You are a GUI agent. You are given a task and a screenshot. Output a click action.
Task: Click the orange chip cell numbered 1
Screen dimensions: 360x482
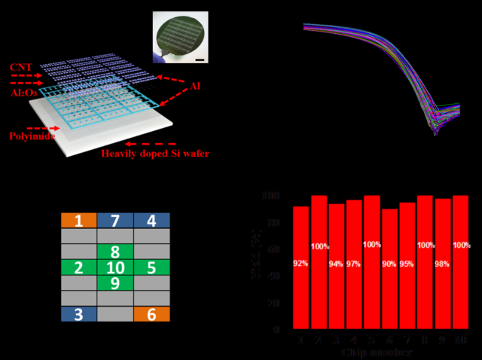[x=79, y=221]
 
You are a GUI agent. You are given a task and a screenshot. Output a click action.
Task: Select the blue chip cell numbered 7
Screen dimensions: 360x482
[x=115, y=221]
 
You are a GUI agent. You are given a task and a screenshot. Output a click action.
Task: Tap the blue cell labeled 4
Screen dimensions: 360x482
[x=152, y=221]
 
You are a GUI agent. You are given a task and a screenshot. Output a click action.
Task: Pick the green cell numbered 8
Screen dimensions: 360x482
[x=115, y=252]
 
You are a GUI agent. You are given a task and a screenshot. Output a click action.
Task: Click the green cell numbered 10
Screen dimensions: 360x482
[x=115, y=267]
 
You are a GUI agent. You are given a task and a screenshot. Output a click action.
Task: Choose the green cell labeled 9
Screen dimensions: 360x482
[x=115, y=283]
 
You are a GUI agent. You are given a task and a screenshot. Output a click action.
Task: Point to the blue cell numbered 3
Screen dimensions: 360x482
[x=79, y=314]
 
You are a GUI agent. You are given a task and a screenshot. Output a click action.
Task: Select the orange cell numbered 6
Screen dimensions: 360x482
[x=152, y=314]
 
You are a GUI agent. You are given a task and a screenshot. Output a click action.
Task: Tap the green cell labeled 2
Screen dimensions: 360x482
[x=79, y=267]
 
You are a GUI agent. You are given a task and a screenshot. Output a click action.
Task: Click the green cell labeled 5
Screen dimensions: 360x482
[x=152, y=267]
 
